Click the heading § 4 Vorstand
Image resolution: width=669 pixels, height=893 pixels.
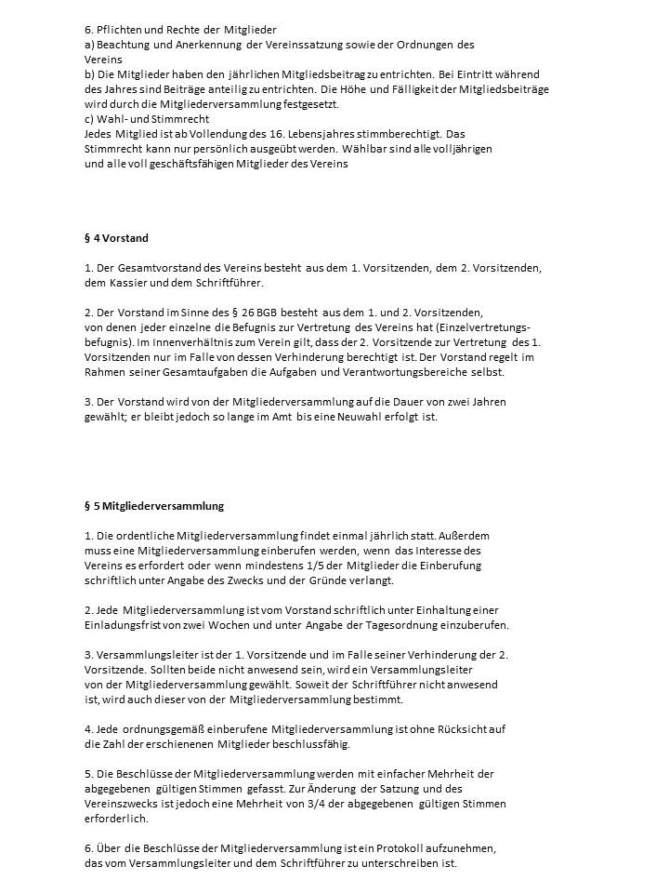[x=116, y=238]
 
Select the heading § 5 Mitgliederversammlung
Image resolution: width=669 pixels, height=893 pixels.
[x=153, y=506]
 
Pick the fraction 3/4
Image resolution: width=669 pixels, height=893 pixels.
[x=359, y=804]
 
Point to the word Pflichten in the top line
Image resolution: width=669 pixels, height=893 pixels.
[x=119, y=30]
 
